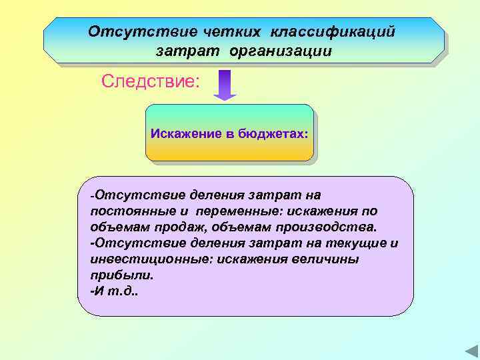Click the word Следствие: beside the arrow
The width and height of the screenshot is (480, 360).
click(150, 82)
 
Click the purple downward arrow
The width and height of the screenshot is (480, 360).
click(225, 85)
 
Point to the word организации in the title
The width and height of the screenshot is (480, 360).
click(280, 51)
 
